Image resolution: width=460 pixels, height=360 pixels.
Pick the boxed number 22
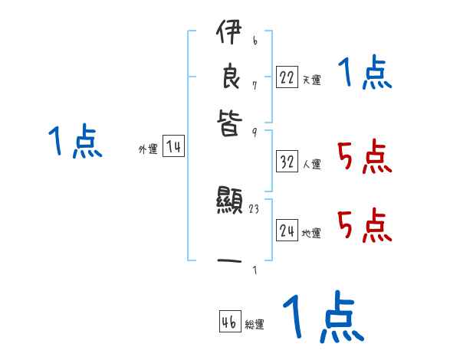pos(287,77)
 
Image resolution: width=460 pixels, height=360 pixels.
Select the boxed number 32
pos(287,161)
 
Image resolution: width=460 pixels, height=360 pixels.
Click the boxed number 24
pos(287,230)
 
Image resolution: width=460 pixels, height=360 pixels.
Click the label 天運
pos(311,80)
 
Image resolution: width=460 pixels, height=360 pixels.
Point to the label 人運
pos(312,164)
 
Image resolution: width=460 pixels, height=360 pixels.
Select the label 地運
pos(311,233)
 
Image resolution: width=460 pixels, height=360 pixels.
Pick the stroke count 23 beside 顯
pos(253,208)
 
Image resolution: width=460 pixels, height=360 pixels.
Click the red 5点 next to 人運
pos(364,158)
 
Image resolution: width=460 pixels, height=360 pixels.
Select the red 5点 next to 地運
pos(364,226)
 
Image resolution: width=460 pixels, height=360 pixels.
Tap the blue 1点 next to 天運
pos(364,74)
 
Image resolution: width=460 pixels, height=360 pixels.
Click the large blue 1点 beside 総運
pos(322,316)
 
